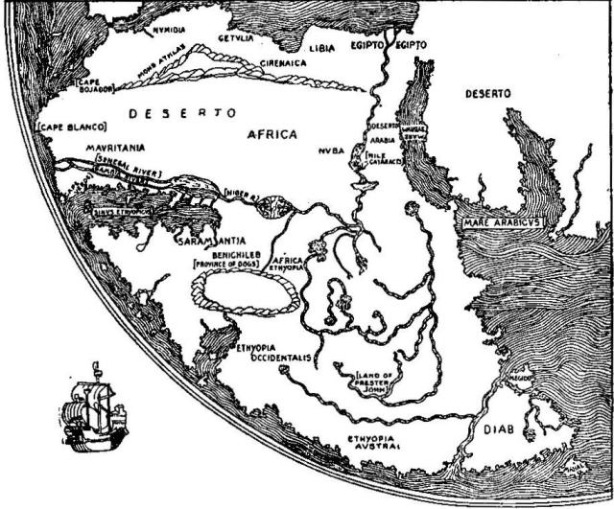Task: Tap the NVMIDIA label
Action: point(170,31)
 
